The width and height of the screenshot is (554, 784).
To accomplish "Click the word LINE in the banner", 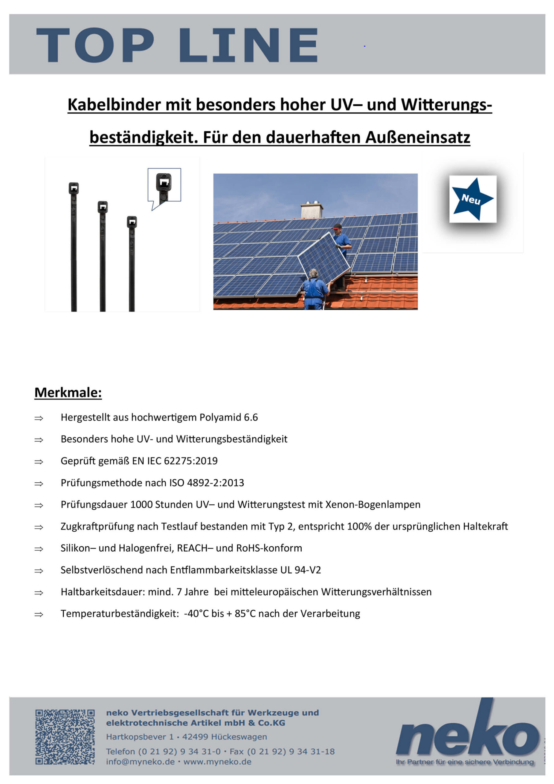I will pyautogui.click(x=249, y=45).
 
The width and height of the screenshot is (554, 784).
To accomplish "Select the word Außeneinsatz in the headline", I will pyautogui.click(x=417, y=137).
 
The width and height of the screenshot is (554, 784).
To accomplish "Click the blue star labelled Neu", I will pyautogui.click(x=472, y=199).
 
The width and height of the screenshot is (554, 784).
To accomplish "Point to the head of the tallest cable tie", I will pyautogui.click(x=74, y=188).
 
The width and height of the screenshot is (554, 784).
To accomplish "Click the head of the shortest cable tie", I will pyautogui.click(x=132, y=222).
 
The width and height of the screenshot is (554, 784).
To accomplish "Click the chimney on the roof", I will pyautogui.click(x=311, y=210).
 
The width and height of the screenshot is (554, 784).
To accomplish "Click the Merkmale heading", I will pyautogui.click(x=68, y=393).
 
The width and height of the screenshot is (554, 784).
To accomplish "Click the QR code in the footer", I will pyautogui.click(x=65, y=737).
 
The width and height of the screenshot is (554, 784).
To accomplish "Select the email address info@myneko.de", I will pyautogui.click(x=140, y=762).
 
